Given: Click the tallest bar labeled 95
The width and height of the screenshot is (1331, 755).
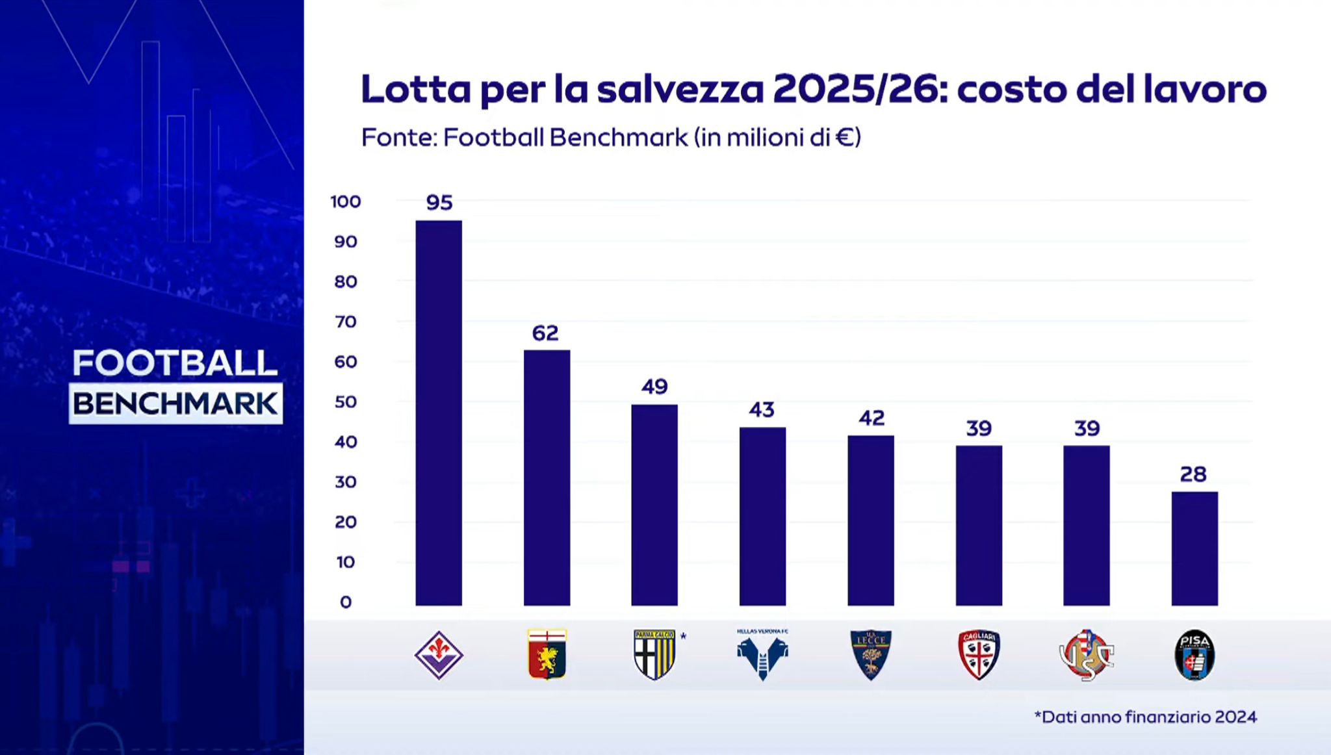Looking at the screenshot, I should (x=439, y=413).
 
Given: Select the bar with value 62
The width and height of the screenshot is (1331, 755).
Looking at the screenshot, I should (x=547, y=478).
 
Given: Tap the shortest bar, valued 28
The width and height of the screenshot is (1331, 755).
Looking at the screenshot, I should (x=1195, y=548).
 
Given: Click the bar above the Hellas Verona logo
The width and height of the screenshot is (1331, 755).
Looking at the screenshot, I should (x=762, y=516).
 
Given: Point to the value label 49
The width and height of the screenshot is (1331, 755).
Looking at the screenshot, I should (x=654, y=387).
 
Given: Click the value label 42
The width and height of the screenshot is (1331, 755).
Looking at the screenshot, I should (x=872, y=418).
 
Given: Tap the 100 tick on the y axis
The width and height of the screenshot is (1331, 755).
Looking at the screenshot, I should (x=345, y=202).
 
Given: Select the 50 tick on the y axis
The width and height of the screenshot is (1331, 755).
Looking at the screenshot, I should (x=346, y=402).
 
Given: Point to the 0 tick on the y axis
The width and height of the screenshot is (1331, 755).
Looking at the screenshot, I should (x=346, y=602).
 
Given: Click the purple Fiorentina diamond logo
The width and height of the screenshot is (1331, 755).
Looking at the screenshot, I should (x=439, y=655).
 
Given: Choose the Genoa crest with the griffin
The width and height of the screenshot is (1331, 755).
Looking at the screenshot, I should (x=547, y=654).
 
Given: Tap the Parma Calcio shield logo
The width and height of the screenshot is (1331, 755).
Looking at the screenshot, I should (x=654, y=654).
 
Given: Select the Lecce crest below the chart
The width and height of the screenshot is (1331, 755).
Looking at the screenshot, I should (x=871, y=654).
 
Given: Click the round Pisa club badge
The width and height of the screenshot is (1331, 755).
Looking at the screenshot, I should (x=1195, y=655).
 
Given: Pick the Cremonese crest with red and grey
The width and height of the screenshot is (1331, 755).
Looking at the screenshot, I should (x=1087, y=655).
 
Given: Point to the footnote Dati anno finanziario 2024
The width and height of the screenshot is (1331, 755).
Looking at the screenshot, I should (x=1145, y=717).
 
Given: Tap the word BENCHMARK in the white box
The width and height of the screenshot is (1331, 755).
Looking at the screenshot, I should (x=175, y=404).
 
